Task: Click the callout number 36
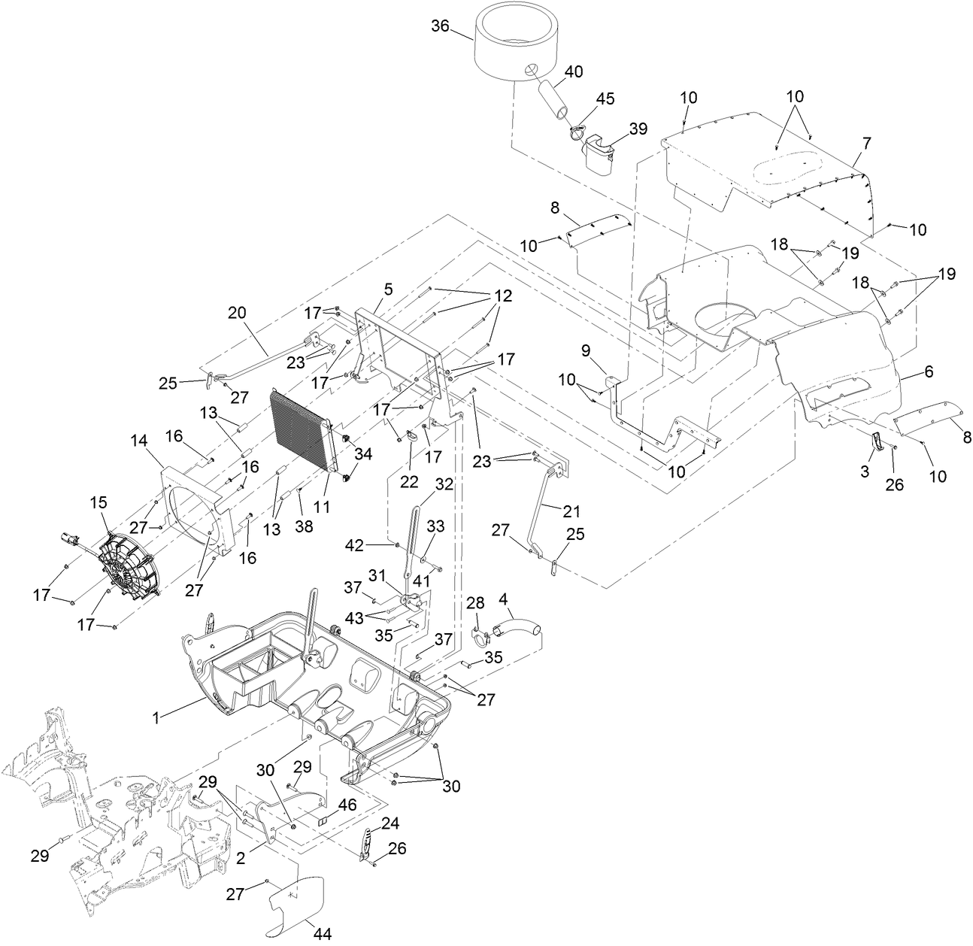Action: pos(440,26)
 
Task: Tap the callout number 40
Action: pos(573,72)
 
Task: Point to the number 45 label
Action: pos(605,99)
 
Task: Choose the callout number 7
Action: pos(867,142)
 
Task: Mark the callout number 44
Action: pos(323,934)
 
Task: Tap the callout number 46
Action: pos(347,804)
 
